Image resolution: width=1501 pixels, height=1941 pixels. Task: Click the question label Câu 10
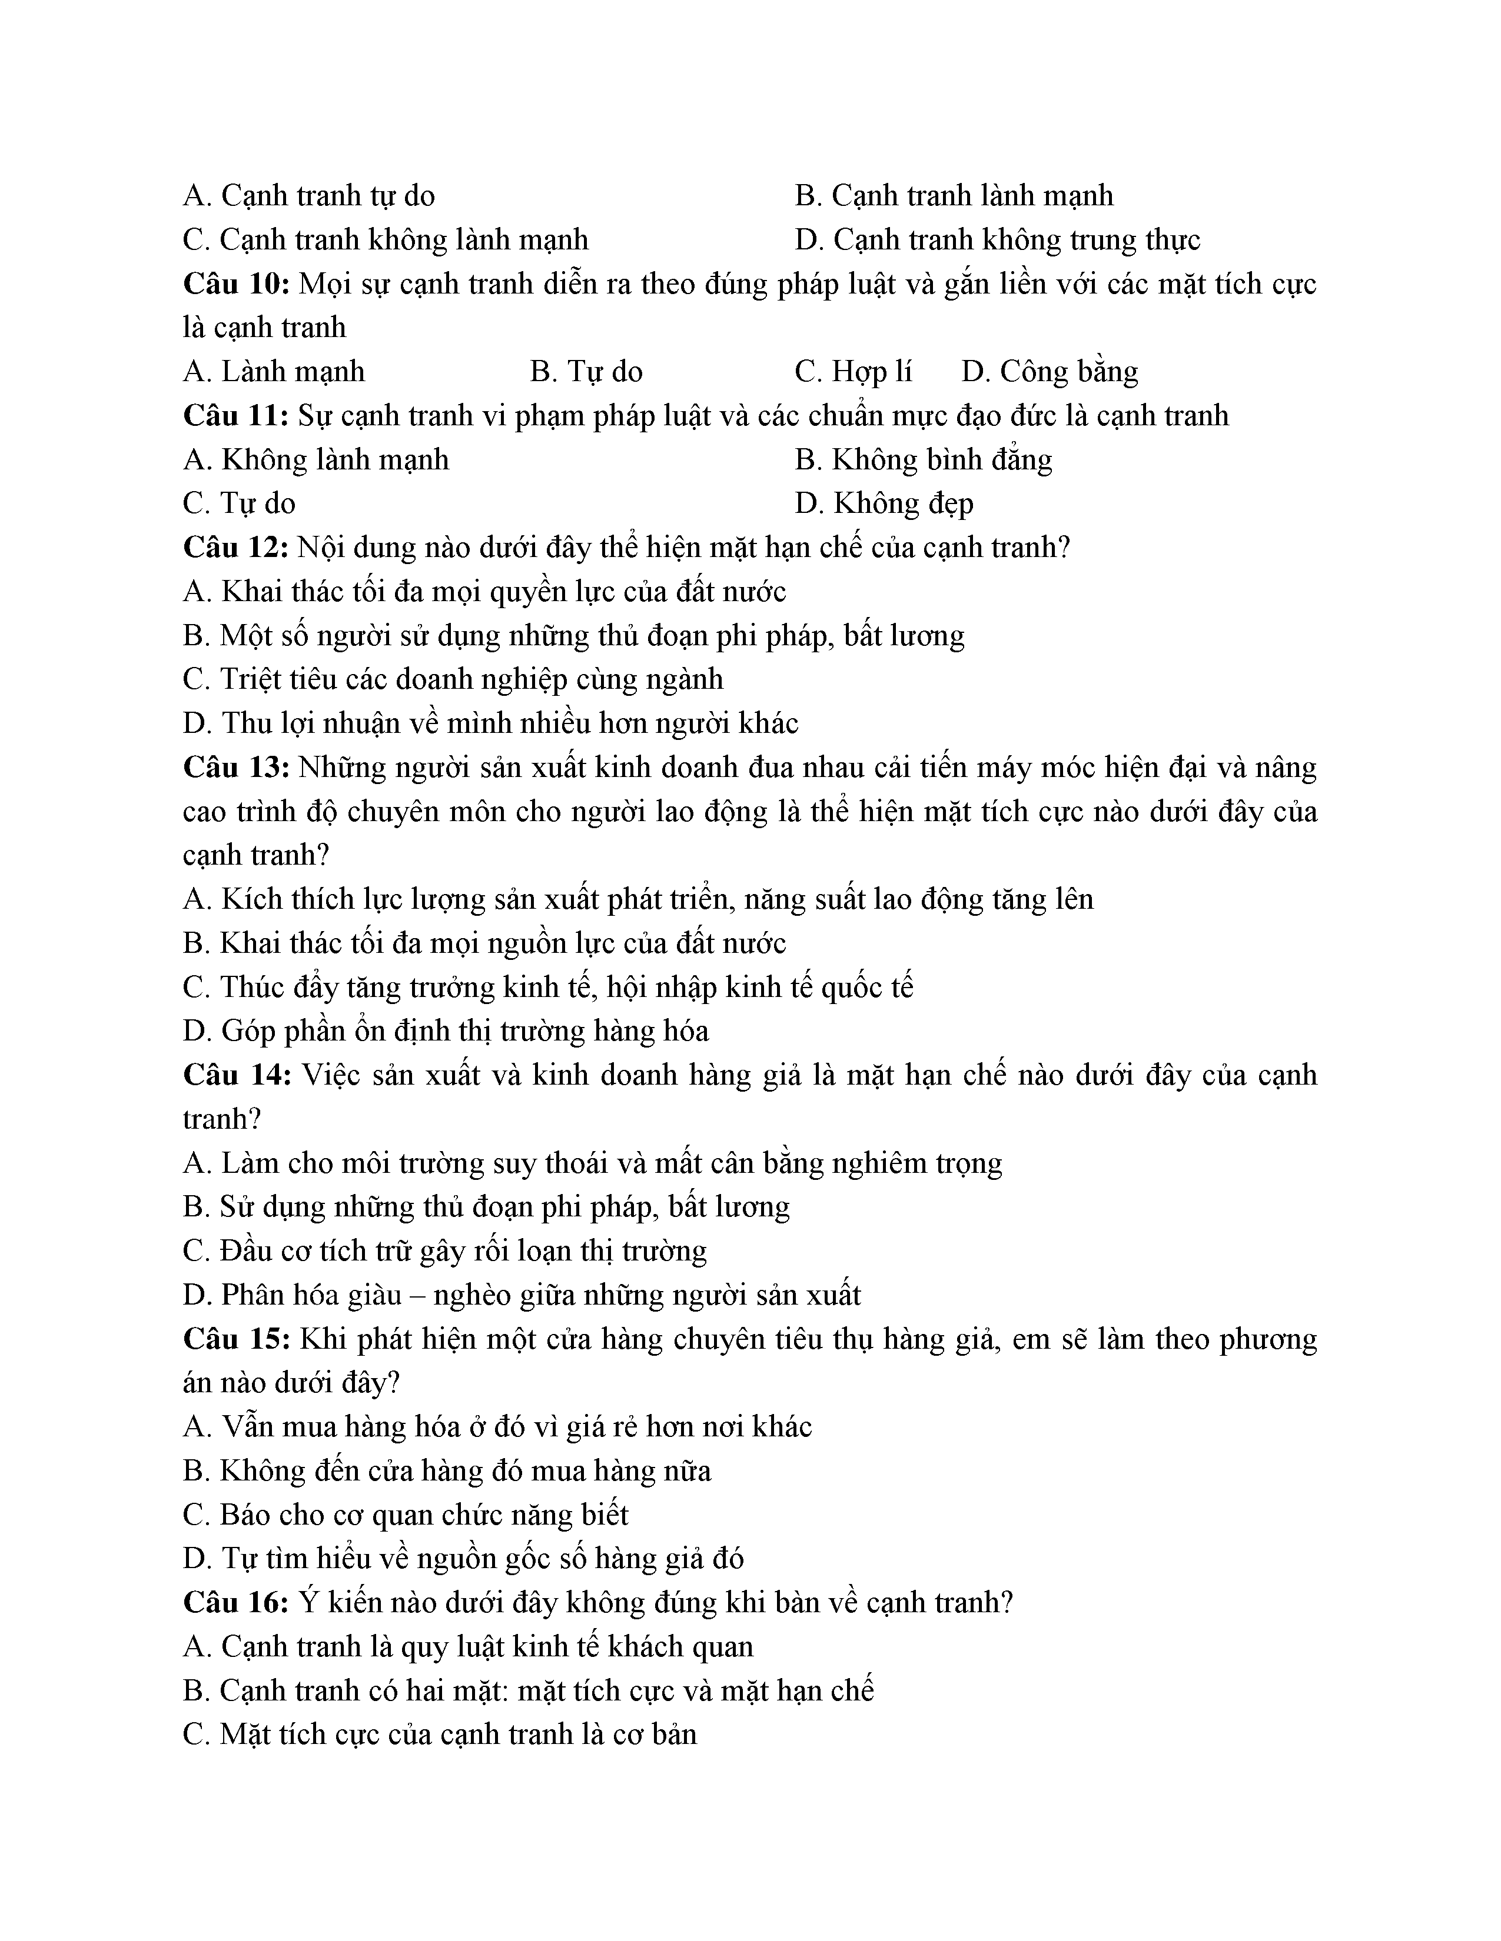click(237, 285)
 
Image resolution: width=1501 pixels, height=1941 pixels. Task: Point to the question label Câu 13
click(237, 768)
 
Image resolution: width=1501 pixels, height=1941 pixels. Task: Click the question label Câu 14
click(237, 1075)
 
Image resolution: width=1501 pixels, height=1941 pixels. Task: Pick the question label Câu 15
click(237, 1339)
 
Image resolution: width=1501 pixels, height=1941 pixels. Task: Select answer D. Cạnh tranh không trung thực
click(997, 240)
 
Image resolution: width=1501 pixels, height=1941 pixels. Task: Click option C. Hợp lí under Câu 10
click(853, 372)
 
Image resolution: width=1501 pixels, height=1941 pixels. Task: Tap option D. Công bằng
click(1050, 372)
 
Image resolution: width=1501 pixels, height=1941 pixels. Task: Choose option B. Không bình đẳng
click(923, 459)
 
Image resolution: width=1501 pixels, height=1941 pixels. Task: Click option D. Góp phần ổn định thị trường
click(446, 1032)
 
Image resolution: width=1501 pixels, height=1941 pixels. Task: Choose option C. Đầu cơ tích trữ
click(444, 1251)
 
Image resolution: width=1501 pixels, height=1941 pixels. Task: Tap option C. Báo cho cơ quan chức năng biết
click(406, 1515)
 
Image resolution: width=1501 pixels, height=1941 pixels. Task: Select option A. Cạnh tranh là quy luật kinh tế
click(468, 1647)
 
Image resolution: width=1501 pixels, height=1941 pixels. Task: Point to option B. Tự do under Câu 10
click(586, 372)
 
